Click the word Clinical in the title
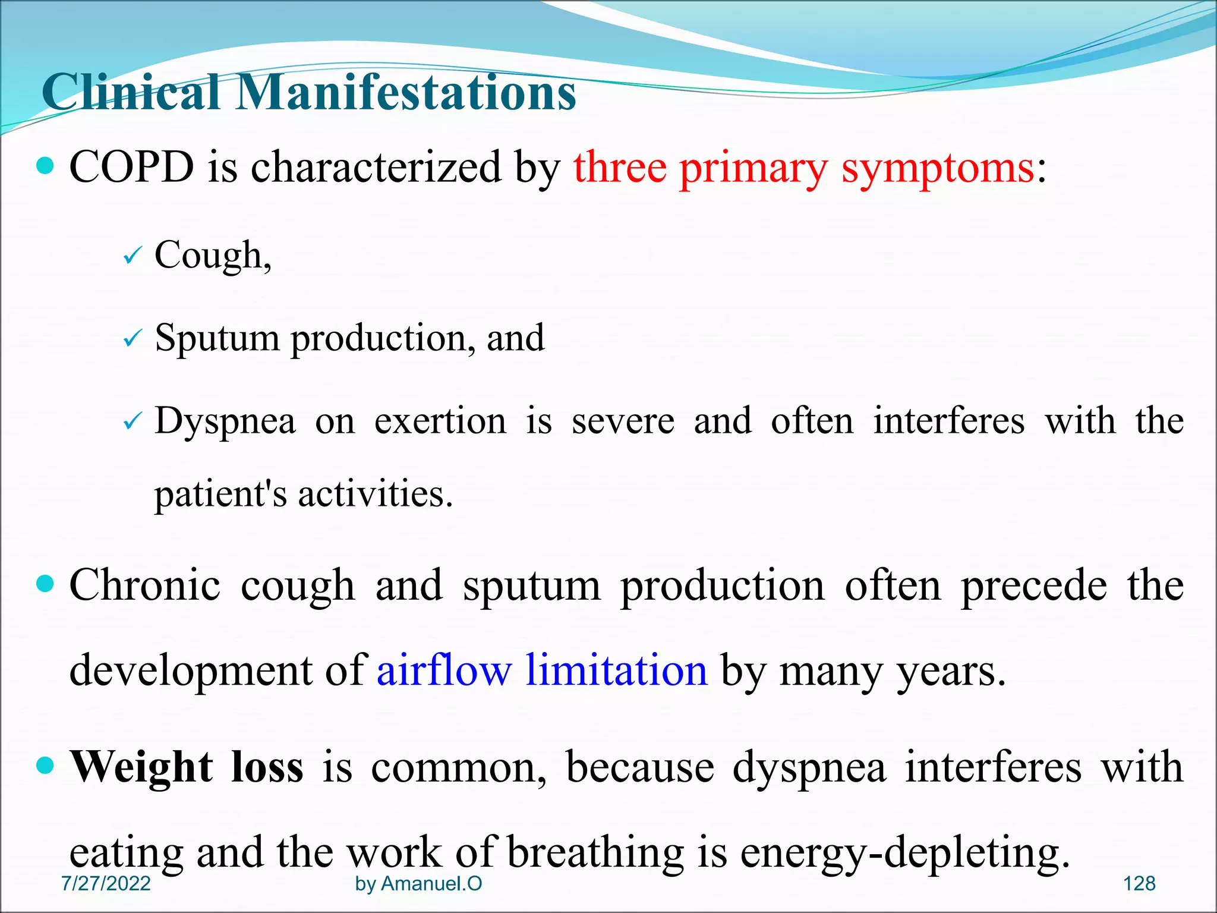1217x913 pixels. (131, 93)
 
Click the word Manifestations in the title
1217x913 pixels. (406, 93)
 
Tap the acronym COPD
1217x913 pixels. (131, 167)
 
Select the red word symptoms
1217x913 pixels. (938, 169)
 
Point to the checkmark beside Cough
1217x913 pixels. (132, 257)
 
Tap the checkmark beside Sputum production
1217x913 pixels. (132, 339)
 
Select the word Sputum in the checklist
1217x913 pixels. (217, 339)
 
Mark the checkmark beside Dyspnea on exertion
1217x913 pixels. (132, 422)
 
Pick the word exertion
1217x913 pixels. (440, 421)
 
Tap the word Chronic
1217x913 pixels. (145, 585)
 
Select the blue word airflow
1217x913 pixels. (444, 670)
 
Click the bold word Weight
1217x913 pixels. (141, 767)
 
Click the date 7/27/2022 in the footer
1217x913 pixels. (106, 884)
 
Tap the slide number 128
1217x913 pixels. (1139, 884)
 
